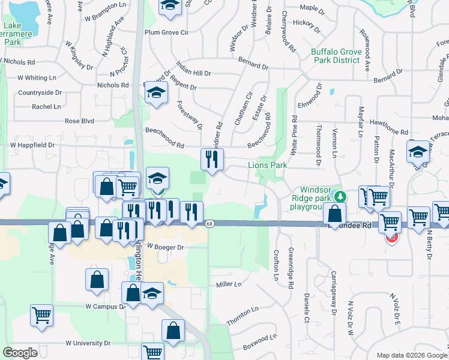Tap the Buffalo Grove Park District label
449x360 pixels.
click(336, 56)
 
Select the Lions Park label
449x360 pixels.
click(266, 165)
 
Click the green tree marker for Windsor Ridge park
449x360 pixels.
click(340, 196)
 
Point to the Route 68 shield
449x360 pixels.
click(209, 224)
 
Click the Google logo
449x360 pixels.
click(20, 353)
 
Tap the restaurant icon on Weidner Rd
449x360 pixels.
click(211, 160)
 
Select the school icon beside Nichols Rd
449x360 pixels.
click(156, 93)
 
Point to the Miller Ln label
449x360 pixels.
click(228, 284)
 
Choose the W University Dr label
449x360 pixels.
click(88, 343)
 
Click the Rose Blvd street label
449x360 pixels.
click(80, 121)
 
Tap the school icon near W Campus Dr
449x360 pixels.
click(152, 293)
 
